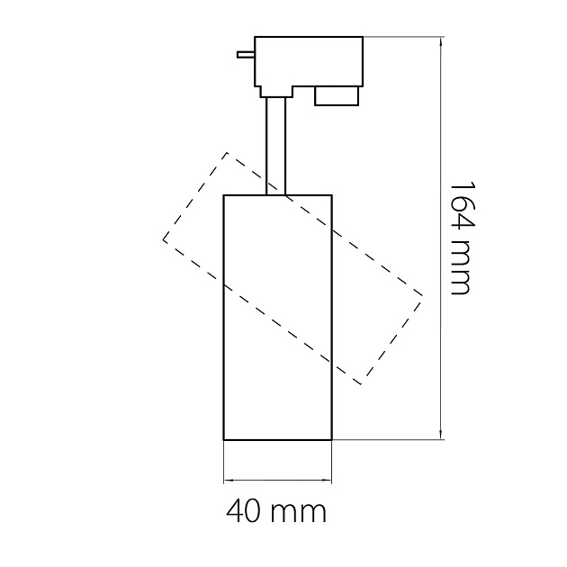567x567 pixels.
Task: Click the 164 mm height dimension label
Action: click(460, 238)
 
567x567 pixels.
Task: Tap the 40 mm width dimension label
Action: click(276, 512)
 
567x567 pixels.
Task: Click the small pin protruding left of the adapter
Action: click(246, 55)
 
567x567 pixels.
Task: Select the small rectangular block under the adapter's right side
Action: click(337, 96)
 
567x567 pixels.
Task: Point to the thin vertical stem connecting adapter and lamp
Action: click(276, 146)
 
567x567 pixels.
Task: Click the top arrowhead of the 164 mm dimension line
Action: click(440, 41)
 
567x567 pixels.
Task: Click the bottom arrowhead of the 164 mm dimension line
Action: click(440, 435)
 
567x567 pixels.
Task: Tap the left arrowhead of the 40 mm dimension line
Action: click(229, 481)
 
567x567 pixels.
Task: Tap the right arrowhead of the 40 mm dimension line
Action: click(328, 481)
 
